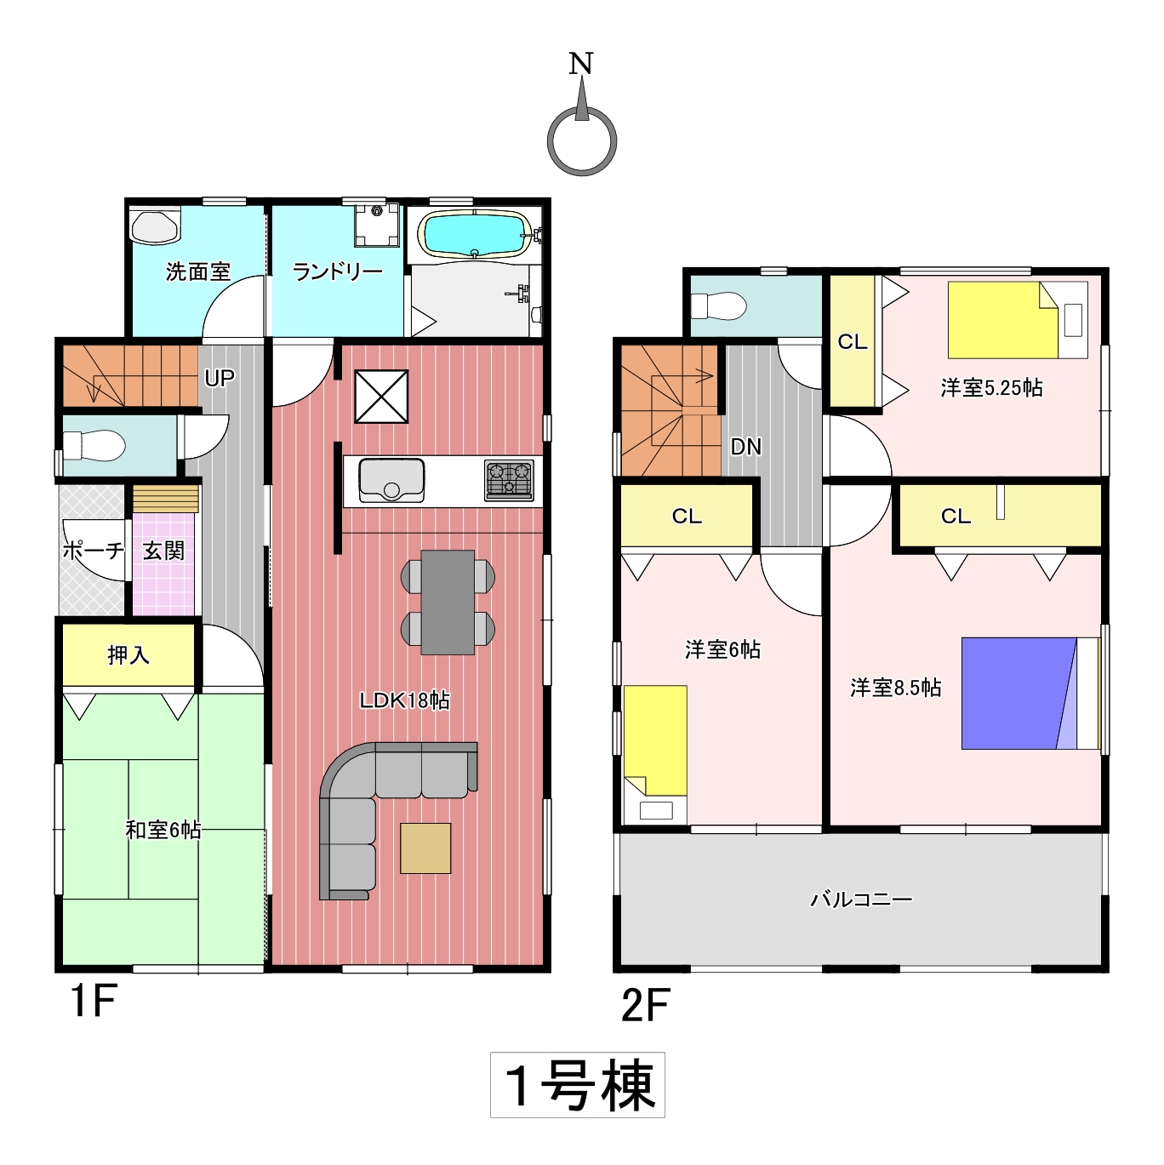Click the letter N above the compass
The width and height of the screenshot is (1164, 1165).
tap(581, 64)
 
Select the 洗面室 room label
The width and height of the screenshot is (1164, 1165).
tap(197, 272)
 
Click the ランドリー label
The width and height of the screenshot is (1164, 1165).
tap(338, 272)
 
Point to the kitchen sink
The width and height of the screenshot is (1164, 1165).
tap(391, 481)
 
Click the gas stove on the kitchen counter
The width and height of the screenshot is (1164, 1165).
tap(509, 481)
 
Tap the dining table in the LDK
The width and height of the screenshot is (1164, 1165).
tap(448, 602)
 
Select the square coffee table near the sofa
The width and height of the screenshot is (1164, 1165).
tap(425, 848)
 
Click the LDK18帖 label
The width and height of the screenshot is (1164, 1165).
tap(404, 700)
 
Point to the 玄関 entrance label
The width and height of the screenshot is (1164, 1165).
tap(163, 551)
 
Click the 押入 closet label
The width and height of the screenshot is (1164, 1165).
tap(128, 655)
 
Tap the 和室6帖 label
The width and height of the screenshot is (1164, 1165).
tap(163, 830)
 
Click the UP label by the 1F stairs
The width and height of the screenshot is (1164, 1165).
tap(219, 378)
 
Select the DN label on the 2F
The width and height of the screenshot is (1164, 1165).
tap(745, 447)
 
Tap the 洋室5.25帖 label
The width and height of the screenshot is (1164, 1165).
tap(991, 387)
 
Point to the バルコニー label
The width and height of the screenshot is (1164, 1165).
tap(861, 899)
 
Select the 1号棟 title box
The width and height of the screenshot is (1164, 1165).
tap(578, 1085)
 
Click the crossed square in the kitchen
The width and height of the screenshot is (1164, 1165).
tap(381, 397)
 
